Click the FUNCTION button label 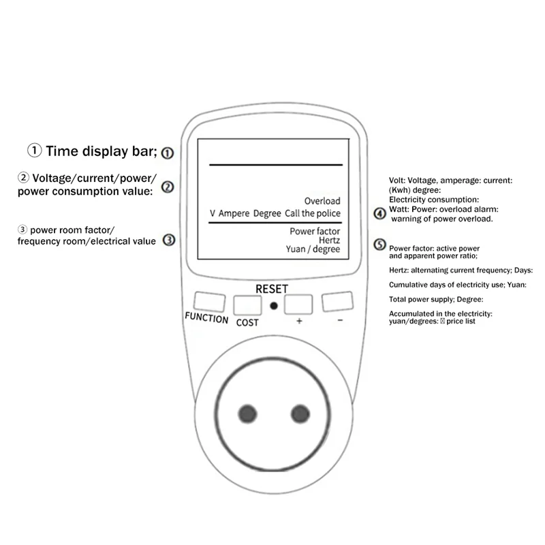[206, 318]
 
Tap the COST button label [247, 322]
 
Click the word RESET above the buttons [272, 289]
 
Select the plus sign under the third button [298, 321]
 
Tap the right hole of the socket [299, 414]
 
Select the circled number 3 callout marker [170, 239]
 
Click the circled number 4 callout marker [380, 213]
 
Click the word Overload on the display [322, 202]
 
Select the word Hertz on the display [329, 240]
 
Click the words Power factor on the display [315, 231]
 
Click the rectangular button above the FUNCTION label [208, 301]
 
